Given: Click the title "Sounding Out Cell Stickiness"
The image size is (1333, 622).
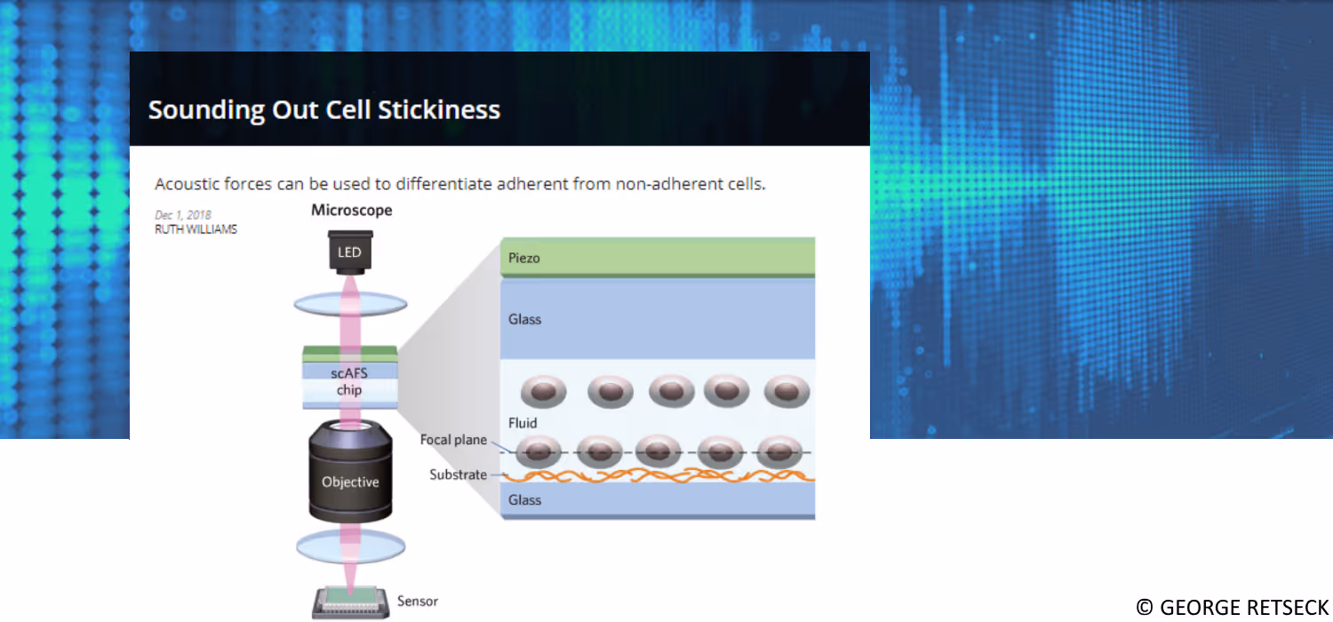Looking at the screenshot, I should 324,110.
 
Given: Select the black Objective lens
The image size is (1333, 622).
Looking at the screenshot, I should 350,481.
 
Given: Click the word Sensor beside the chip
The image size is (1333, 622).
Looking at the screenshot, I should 418,602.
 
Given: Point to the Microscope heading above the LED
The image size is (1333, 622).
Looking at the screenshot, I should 351,211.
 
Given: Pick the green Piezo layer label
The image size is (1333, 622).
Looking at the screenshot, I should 524,259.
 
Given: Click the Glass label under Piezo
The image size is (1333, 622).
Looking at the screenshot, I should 524,319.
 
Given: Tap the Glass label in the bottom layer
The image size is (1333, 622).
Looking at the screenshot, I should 524,500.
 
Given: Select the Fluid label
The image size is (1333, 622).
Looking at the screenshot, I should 523,423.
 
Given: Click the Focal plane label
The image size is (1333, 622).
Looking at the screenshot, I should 453,440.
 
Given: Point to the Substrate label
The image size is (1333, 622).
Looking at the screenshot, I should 458,474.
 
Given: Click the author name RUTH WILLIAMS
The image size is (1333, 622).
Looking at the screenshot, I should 196,228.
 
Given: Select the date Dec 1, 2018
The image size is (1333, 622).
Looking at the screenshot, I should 183,215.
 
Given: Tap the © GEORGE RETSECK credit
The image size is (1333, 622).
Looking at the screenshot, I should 1232,607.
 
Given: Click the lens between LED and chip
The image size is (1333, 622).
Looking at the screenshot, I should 350,305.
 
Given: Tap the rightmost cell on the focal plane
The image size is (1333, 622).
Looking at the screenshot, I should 778,451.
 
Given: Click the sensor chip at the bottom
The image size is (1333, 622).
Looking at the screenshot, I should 350,602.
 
